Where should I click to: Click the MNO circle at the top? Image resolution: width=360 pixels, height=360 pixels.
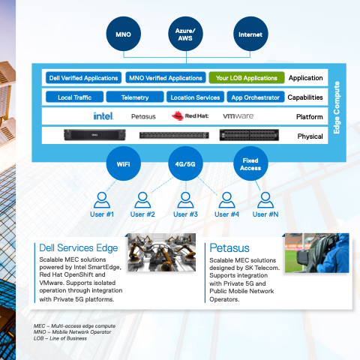click(124, 34)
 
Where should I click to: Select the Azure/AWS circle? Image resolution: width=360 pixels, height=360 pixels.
click(185, 34)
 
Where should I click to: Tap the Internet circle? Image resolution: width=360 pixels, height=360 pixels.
click(250, 34)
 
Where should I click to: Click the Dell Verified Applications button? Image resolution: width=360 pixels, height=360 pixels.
click(83, 78)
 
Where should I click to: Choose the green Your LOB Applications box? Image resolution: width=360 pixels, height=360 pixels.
click(247, 78)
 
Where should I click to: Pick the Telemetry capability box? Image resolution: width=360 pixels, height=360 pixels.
click(135, 97)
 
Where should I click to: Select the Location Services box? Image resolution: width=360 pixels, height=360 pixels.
click(195, 97)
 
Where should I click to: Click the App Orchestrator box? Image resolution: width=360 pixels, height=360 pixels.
click(256, 97)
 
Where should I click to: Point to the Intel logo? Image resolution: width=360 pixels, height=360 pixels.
click(103, 116)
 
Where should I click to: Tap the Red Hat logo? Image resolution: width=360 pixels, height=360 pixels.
click(190, 116)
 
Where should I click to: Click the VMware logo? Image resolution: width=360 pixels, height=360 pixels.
click(238, 116)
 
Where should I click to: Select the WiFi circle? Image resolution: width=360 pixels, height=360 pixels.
click(124, 163)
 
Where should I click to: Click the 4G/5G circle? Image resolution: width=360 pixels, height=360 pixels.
click(185, 163)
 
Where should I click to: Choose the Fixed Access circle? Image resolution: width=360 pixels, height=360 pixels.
click(250, 163)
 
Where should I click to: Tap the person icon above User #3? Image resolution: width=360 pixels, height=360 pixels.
click(185, 200)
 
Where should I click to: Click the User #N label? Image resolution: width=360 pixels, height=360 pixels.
click(265, 214)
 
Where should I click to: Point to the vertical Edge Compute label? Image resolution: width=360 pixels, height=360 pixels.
click(337, 107)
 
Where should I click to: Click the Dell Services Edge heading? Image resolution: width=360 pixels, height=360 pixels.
click(79, 248)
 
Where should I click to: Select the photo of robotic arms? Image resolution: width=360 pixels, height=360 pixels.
click(162, 252)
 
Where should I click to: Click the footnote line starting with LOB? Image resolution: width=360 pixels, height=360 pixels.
click(60, 338)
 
